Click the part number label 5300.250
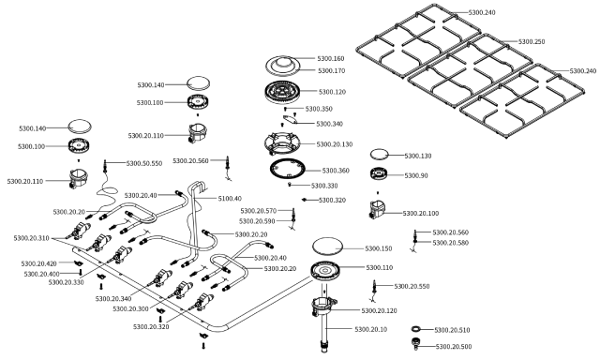pyautogui.click(x=532, y=41)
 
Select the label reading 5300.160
pyautogui.click(x=331, y=58)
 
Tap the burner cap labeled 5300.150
pyautogui.click(x=327, y=246)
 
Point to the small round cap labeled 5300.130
pyautogui.click(x=379, y=154)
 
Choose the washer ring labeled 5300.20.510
pyautogui.click(x=416, y=329)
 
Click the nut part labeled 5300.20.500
pyautogui.click(x=415, y=343)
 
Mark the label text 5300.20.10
pyautogui.click(x=371, y=329)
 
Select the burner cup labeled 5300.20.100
pyautogui.click(x=377, y=210)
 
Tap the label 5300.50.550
pyautogui.click(x=144, y=163)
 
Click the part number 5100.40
pyautogui.click(x=230, y=199)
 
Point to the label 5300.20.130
pyautogui.click(x=335, y=144)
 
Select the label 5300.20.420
pyautogui.click(x=39, y=263)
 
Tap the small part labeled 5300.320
pyautogui.click(x=305, y=200)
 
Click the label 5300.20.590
pyautogui.click(x=257, y=221)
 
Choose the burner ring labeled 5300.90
pyautogui.click(x=380, y=173)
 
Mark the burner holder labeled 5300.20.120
pyautogui.click(x=323, y=306)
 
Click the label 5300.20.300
pyautogui.click(x=130, y=308)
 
